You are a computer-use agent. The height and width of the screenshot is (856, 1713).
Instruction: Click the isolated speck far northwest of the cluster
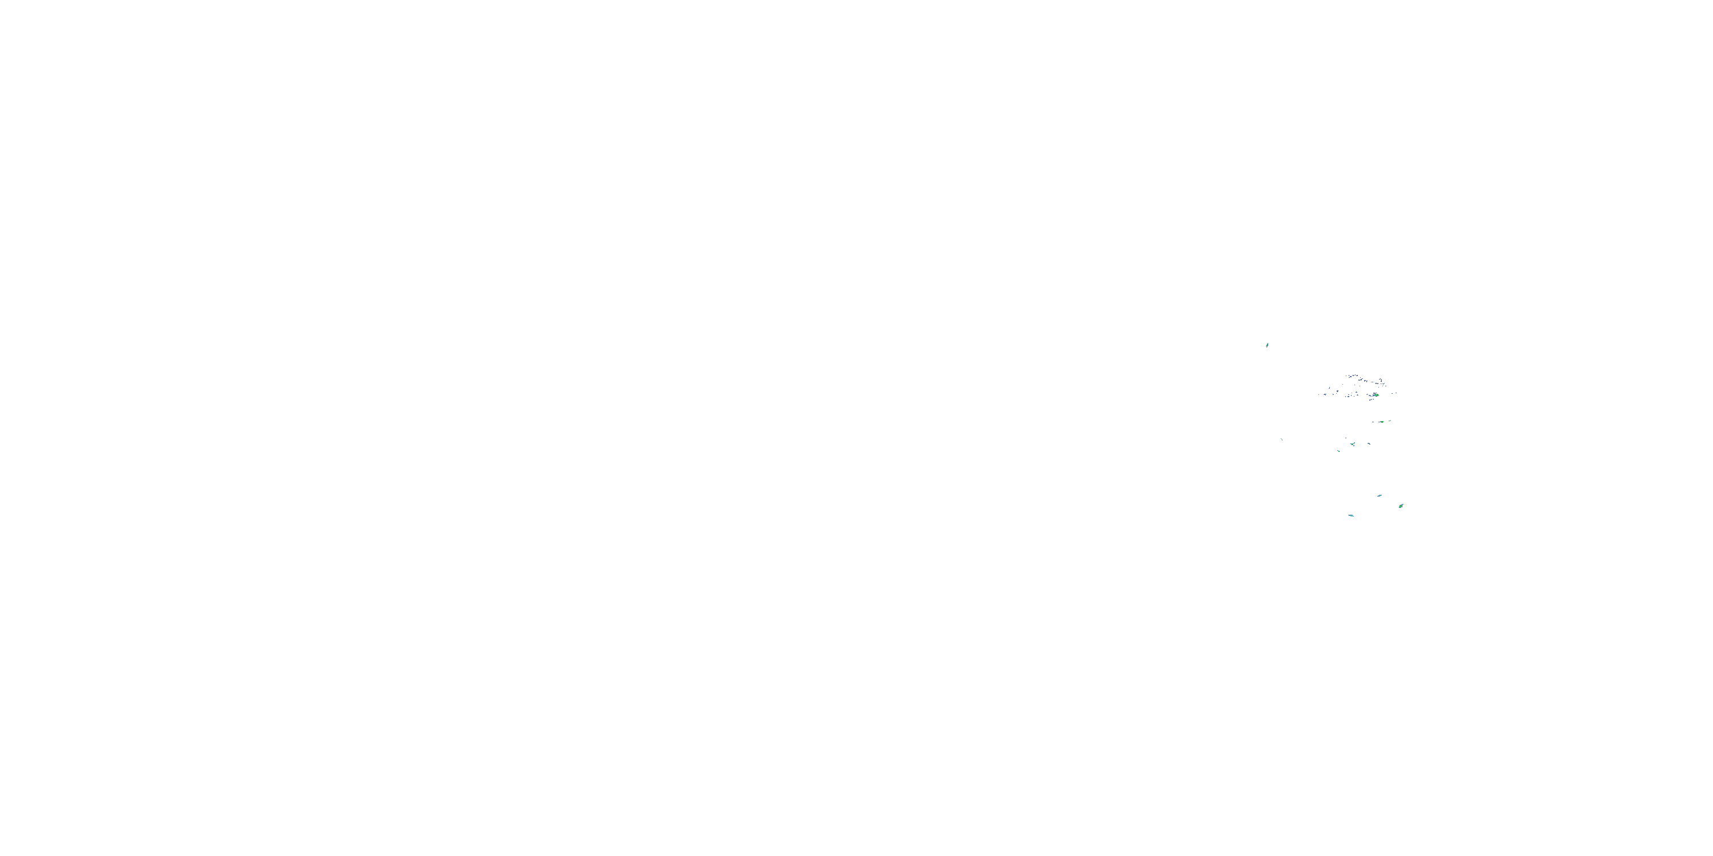click(x=1268, y=345)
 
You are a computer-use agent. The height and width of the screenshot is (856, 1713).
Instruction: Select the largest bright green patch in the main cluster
click(x=1377, y=395)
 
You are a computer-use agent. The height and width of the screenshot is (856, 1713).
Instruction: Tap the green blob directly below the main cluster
click(x=1382, y=422)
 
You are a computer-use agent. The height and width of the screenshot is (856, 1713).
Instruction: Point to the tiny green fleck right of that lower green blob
click(x=1390, y=421)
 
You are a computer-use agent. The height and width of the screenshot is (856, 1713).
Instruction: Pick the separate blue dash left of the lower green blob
click(x=1373, y=422)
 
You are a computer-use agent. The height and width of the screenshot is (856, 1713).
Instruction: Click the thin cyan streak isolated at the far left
click(x=1282, y=439)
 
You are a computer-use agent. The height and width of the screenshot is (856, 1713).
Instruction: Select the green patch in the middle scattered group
click(x=1353, y=444)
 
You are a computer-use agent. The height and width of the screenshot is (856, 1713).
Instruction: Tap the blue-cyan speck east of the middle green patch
click(x=1369, y=444)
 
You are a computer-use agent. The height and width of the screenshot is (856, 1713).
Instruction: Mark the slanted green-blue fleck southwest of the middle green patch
click(x=1338, y=451)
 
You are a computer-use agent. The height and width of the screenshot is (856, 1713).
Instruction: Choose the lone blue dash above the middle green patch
click(x=1346, y=438)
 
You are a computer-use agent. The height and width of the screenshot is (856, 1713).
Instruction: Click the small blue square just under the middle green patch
click(x=1354, y=446)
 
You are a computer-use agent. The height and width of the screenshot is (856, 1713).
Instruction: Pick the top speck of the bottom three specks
click(x=1380, y=496)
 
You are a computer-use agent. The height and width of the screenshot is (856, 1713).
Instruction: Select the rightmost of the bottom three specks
click(x=1402, y=506)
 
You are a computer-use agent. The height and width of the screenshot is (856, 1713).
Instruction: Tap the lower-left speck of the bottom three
click(x=1351, y=516)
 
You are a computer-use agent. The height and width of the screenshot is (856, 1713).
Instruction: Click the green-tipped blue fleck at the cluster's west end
click(x=1325, y=395)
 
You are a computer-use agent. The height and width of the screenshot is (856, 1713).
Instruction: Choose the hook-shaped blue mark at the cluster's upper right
click(x=1381, y=380)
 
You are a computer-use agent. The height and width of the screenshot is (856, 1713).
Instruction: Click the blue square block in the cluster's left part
click(x=1338, y=391)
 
